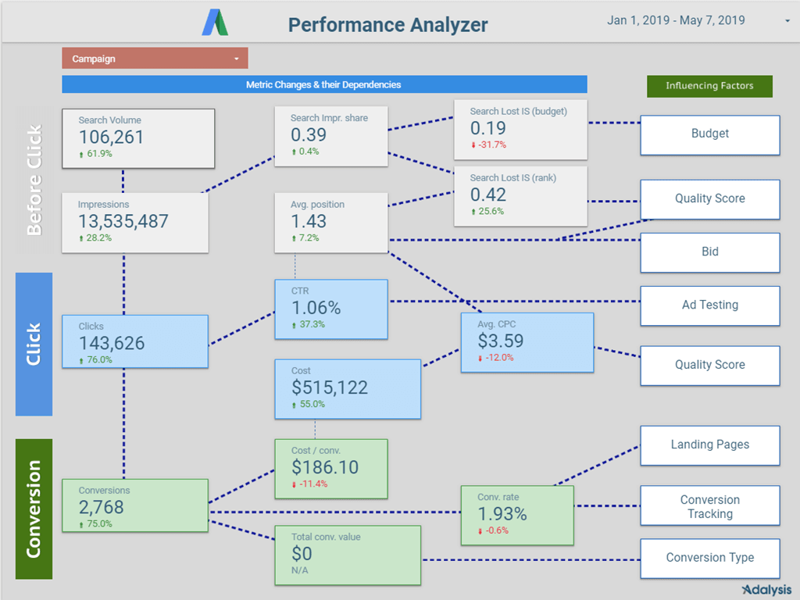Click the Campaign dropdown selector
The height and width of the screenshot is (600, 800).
155,59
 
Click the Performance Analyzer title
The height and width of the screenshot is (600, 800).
387,24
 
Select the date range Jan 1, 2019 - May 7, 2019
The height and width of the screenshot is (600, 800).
676,20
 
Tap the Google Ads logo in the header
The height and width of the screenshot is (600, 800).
215,23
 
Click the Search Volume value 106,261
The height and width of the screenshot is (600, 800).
112,137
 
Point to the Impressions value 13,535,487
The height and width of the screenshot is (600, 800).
123,221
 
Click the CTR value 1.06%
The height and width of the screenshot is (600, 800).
316,307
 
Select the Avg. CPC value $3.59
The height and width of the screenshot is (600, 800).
501,341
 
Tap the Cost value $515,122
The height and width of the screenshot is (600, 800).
330,387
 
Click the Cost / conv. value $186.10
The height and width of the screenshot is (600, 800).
325,467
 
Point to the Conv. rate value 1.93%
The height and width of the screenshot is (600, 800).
502,514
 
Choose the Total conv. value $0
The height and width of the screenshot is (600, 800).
302,554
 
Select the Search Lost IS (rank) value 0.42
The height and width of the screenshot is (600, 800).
488,195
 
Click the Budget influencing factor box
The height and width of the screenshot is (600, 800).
709,134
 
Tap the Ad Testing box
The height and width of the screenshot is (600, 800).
709,305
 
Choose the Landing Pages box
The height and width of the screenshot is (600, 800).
709,445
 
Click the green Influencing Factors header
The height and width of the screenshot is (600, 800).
709,86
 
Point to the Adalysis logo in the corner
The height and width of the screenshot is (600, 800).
766,590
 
